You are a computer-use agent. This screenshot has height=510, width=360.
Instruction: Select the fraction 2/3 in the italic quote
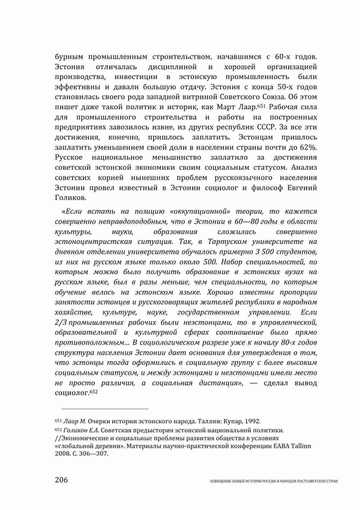tap(61, 322)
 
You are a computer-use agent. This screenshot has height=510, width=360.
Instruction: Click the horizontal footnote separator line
tap(102, 409)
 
